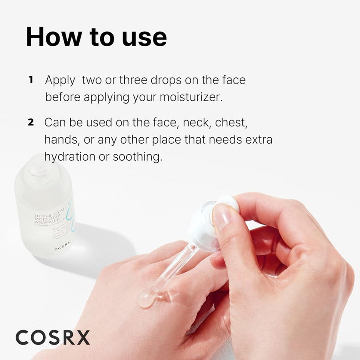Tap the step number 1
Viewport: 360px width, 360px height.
[31, 80]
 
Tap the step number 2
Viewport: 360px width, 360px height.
[31, 122]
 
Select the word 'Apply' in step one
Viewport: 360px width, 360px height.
[60, 80]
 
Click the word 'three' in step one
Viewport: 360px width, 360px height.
[133, 80]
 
